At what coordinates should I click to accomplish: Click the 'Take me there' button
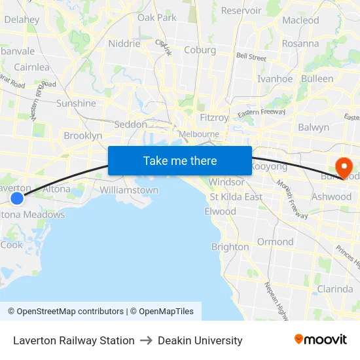180,160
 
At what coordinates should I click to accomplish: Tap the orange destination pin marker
343,166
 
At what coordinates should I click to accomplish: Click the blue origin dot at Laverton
17,198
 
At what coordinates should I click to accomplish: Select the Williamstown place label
129,190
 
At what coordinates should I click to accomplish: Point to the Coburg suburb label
200,50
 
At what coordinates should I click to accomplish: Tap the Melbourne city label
199,134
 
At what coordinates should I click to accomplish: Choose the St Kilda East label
236,197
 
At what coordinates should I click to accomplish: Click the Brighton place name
230,247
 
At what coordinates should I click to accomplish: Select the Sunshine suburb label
76,103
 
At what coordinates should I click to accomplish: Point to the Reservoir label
241,10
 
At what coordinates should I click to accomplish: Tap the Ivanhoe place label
275,79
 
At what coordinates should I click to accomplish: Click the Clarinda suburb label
334,289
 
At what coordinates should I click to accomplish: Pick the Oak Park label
157,18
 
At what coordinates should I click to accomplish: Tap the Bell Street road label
251,57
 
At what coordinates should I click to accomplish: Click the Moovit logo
321,340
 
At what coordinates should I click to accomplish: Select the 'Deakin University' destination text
200,340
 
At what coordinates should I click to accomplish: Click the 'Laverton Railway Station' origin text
74,340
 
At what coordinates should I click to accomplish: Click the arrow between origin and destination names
146,340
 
